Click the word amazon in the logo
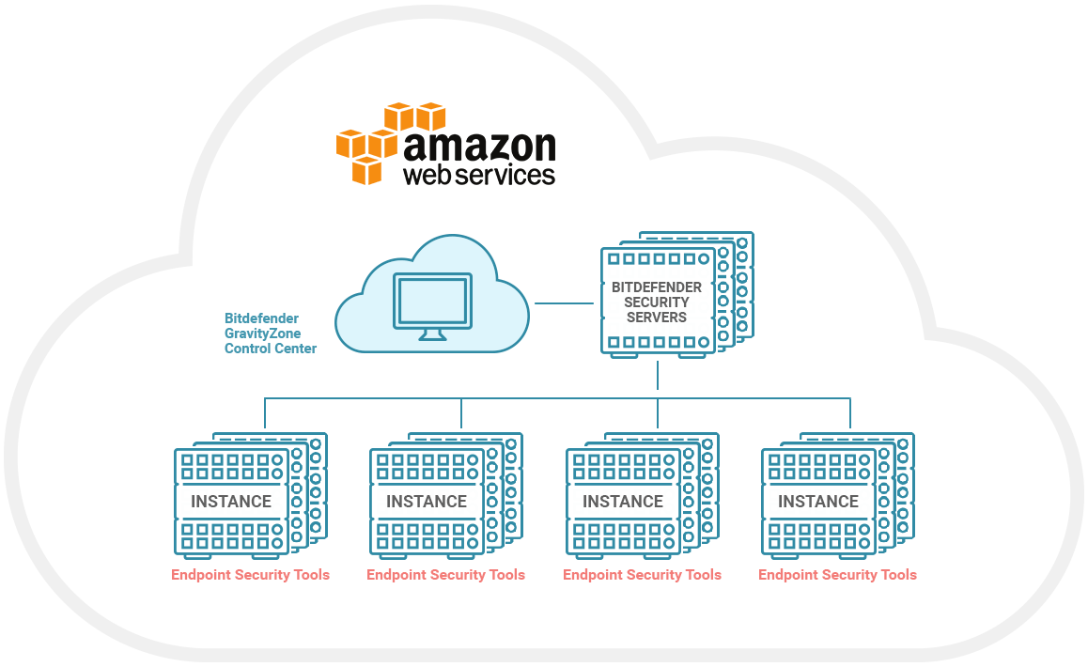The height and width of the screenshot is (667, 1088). [479, 147]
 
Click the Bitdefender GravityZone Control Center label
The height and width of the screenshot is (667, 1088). [270, 333]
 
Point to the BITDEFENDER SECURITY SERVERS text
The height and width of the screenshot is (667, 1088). [657, 302]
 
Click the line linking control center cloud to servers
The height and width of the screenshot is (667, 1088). [564, 303]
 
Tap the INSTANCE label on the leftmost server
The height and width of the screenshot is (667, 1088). [231, 501]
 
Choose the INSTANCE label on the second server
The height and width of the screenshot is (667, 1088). [427, 501]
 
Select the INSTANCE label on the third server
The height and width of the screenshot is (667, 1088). [623, 501]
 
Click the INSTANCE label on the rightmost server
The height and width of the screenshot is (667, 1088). [818, 501]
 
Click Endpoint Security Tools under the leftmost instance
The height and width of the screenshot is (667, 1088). [251, 575]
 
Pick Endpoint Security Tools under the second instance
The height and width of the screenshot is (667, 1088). [445, 575]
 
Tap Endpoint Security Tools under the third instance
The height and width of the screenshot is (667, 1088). [642, 575]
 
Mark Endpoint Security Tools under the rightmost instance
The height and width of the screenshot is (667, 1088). [837, 575]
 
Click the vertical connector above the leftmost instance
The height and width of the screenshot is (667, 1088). [265, 413]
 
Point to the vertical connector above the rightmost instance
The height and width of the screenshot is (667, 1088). [850, 413]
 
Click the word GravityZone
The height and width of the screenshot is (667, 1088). [262, 333]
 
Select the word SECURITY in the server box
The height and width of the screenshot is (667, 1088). [657, 302]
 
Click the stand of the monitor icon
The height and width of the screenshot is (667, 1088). [432, 334]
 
